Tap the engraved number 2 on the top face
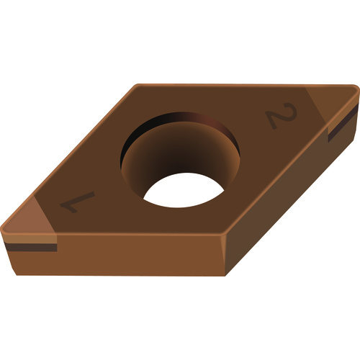click(282, 115)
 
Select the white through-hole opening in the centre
click(184, 190)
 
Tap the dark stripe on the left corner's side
click(31, 247)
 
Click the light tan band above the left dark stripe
click(30, 238)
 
